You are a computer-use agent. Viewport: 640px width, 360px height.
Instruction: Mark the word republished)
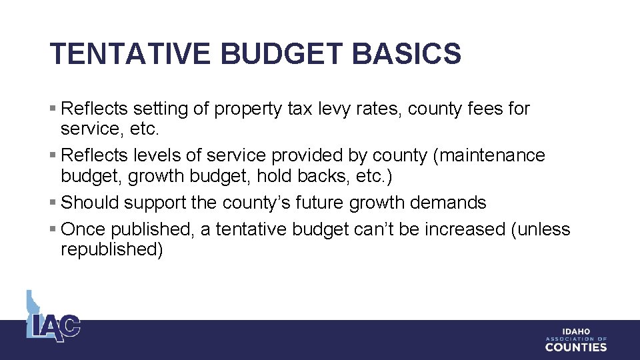(x=111, y=250)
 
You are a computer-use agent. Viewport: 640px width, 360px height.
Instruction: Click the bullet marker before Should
(x=53, y=203)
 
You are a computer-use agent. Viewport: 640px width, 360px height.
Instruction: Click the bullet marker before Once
(x=53, y=229)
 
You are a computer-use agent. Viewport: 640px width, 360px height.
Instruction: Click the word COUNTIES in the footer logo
(x=576, y=347)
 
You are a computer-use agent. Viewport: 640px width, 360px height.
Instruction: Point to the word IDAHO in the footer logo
(x=576, y=331)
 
